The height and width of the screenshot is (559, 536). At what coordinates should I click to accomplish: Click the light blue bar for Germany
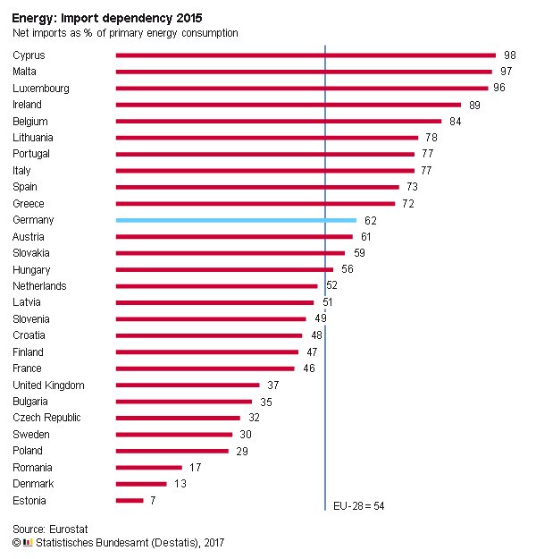click(236, 220)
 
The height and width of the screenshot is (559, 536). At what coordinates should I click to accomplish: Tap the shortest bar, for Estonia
click(130, 501)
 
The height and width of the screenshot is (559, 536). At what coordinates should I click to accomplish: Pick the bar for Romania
click(149, 468)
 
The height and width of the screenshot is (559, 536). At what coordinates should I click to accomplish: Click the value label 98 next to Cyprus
click(510, 55)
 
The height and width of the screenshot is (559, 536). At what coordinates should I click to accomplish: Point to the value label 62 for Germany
click(370, 220)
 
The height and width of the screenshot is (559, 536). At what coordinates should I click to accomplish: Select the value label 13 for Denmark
click(180, 484)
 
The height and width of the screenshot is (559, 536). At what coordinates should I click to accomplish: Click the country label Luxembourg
click(41, 89)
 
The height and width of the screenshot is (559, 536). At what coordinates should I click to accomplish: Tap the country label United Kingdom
click(48, 385)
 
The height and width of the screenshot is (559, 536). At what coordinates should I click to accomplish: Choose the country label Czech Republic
click(46, 418)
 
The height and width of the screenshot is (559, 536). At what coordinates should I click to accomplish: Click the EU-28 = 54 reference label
click(359, 506)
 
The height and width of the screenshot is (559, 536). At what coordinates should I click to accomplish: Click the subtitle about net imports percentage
click(125, 33)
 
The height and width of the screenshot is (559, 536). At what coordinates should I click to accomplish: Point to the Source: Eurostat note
click(50, 529)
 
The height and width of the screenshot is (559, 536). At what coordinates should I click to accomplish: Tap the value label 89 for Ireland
click(474, 105)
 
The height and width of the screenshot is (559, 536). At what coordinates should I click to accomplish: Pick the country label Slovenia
click(31, 319)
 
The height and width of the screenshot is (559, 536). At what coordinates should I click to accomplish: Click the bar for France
click(205, 368)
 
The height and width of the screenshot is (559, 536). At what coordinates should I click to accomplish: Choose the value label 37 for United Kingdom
click(273, 385)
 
